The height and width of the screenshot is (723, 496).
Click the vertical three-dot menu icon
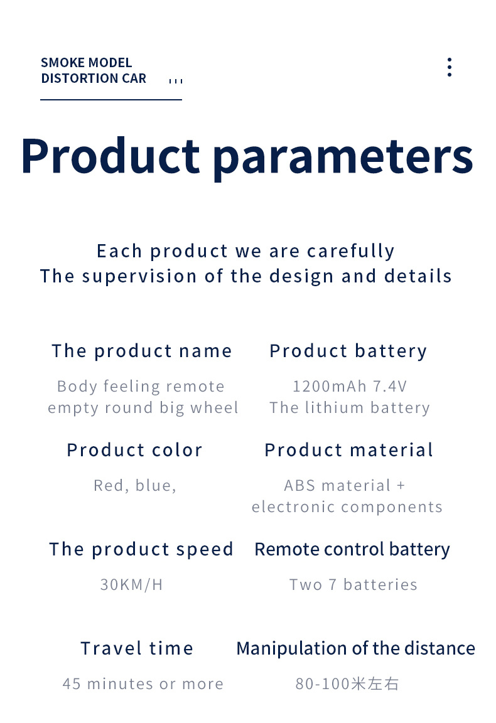pos(450,67)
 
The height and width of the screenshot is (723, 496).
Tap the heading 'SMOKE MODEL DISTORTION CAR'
pos(94,70)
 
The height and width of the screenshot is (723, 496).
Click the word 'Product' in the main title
pos(111,156)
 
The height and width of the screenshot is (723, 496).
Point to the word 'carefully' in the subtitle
pos(351,251)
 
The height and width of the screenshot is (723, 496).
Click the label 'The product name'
pos(142,351)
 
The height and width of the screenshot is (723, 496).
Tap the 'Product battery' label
pos(348,351)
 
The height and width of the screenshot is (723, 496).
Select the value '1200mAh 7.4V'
pos(350,387)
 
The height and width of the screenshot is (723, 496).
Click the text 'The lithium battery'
pos(350,408)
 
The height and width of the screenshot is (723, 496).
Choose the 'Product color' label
pos(135,451)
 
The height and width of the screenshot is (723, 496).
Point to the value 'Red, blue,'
pos(135,486)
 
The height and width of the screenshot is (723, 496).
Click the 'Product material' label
pos(349,451)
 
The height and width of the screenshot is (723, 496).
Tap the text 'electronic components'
pos(347,508)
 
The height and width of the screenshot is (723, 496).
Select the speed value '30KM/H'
pos(131,585)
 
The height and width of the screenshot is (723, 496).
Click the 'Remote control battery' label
pos(352,550)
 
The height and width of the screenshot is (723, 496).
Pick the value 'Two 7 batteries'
pos(353,585)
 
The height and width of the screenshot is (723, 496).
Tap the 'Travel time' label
pos(137,649)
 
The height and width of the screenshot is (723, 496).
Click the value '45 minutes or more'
pos(143,684)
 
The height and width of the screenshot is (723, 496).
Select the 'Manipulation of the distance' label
pos(356,649)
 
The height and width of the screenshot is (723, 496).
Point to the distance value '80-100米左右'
pos(347,684)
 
